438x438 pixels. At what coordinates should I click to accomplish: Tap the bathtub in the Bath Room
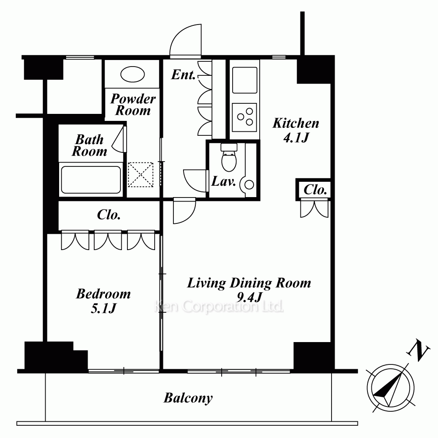(91, 180)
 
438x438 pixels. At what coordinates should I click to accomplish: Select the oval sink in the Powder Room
(132, 74)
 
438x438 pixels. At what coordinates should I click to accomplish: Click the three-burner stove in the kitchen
(245, 117)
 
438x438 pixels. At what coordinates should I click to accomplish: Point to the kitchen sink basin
(245, 80)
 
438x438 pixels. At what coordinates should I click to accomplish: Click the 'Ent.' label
(183, 74)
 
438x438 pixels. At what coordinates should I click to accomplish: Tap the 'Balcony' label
(188, 398)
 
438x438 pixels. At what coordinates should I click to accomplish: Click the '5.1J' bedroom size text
(103, 308)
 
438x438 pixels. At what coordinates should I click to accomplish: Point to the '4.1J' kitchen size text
(296, 138)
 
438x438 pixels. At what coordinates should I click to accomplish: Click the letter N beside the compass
(418, 350)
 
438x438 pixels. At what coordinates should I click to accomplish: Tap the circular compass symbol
(390, 388)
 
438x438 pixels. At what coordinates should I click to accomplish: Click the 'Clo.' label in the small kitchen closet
(315, 190)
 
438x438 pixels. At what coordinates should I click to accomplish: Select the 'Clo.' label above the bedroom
(109, 215)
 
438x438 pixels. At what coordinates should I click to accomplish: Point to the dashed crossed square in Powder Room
(141, 175)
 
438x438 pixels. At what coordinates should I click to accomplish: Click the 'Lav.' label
(223, 181)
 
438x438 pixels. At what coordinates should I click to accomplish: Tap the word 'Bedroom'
(103, 294)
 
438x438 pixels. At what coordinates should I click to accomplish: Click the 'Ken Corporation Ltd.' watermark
(219, 307)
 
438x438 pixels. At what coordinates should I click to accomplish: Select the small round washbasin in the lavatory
(249, 185)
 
